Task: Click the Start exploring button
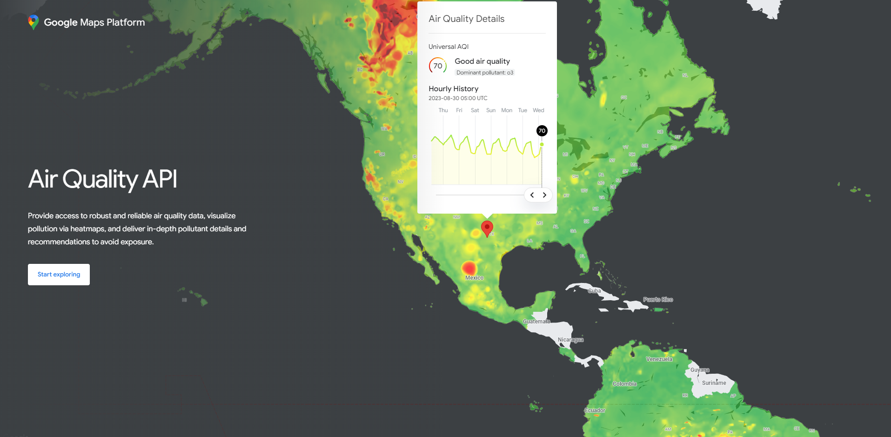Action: pyautogui.click(x=59, y=275)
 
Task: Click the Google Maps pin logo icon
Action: pyautogui.click(x=33, y=22)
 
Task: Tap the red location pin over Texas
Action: pyautogui.click(x=487, y=228)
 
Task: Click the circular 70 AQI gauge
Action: pyautogui.click(x=438, y=66)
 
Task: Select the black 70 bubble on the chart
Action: pyautogui.click(x=542, y=131)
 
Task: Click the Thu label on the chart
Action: pyautogui.click(x=443, y=110)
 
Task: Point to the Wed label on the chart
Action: pyautogui.click(x=538, y=110)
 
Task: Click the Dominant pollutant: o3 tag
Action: pyautogui.click(x=484, y=73)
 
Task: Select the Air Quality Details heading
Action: pyautogui.click(x=466, y=19)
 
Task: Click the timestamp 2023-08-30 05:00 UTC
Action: pyautogui.click(x=458, y=98)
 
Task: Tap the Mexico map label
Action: pyautogui.click(x=474, y=278)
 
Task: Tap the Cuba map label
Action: pyautogui.click(x=594, y=291)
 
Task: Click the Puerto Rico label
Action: pyautogui.click(x=658, y=300)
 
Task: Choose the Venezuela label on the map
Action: pyautogui.click(x=659, y=359)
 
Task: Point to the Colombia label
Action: pyautogui.click(x=624, y=384)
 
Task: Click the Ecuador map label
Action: pyautogui.click(x=595, y=410)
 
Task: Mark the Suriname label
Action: pyautogui.click(x=714, y=383)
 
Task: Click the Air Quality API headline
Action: pyautogui.click(x=102, y=179)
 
